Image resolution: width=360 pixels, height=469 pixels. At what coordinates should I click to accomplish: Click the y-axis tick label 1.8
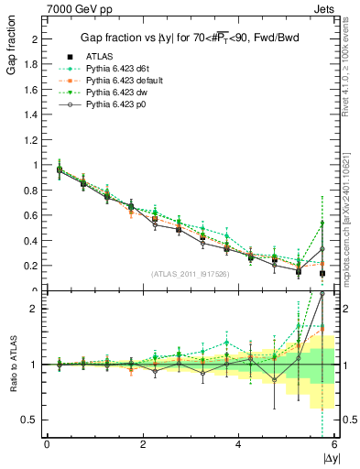pos(33,64)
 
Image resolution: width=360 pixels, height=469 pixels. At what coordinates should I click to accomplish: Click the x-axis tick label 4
pos(239,444)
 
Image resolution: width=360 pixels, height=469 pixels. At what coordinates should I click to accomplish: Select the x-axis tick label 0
pos(47,444)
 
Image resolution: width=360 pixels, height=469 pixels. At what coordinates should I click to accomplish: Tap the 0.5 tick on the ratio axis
pos(33,420)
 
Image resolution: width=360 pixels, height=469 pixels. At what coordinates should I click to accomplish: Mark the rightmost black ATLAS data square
pos(322,273)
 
